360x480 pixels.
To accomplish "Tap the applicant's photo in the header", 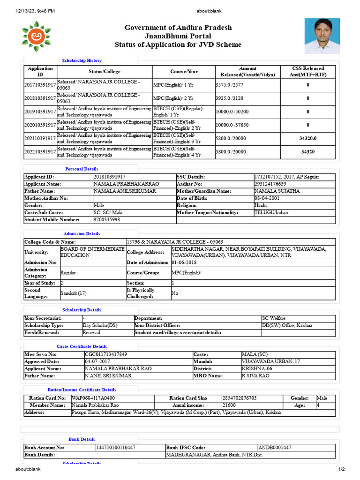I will click(322, 36).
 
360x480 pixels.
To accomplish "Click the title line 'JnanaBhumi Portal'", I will click(178, 36).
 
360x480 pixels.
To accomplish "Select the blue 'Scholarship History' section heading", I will click(82, 60).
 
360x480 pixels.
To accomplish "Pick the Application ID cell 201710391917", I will click(40, 85).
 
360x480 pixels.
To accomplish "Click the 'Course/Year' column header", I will click(184, 72).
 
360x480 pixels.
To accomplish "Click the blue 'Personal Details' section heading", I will click(82, 169).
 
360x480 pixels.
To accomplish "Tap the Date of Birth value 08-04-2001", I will click(268, 198).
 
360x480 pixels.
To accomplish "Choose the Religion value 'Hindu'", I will click(260, 205).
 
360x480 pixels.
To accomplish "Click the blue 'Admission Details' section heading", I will click(82, 233).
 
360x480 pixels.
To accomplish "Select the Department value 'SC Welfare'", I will click(274, 318).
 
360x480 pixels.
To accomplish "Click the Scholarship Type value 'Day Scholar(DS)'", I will click(99, 325).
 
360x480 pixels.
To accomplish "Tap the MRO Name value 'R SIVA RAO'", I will click(255, 376).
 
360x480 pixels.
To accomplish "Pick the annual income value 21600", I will click(229, 405).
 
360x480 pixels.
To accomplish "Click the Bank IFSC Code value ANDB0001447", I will click(274, 448).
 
